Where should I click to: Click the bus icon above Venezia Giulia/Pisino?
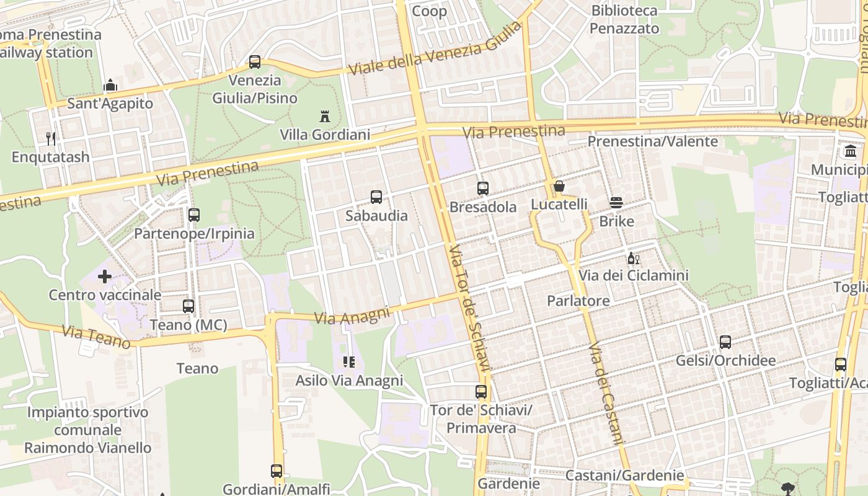(255, 62)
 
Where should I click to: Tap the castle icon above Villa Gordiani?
(324, 116)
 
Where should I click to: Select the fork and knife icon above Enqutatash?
(51, 138)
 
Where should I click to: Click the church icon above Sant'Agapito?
(110, 85)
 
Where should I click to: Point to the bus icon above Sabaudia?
(376, 197)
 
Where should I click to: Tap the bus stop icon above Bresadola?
(483, 188)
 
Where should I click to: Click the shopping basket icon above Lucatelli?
(559, 186)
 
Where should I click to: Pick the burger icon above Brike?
(616, 203)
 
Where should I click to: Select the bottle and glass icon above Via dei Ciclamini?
(633, 258)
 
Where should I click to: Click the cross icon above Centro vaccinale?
(105, 276)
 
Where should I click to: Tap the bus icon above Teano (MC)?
(188, 306)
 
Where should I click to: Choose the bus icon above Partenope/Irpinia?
(194, 215)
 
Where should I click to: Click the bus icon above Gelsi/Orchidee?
(725, 342)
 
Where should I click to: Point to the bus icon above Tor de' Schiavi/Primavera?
(481, 392)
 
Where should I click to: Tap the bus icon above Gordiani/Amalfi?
(277, 471)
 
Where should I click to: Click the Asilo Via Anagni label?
(349, 380)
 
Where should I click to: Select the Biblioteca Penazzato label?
(624, 19)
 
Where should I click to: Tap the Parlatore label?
(578, 301)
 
